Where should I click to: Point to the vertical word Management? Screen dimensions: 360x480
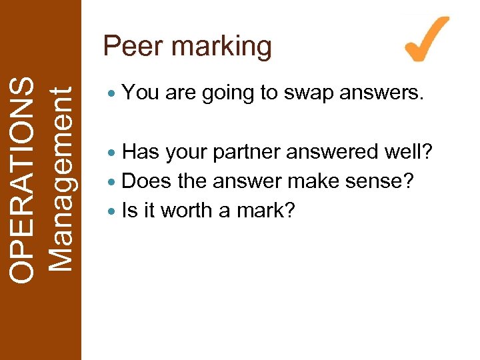61,180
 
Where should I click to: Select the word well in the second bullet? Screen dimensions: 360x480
411,152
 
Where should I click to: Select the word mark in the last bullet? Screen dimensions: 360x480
267,210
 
